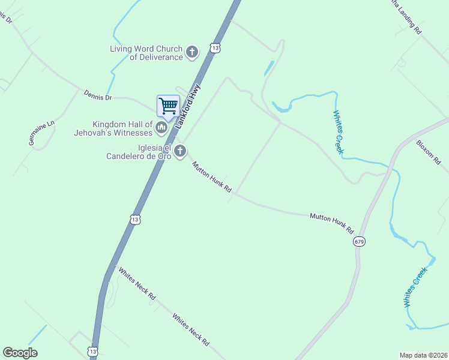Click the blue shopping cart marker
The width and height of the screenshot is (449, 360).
point(168,106)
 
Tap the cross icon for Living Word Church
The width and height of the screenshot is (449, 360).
point(192,52)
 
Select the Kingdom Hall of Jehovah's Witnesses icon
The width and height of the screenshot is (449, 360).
point(161,127)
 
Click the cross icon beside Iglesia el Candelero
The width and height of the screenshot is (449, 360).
point(179,152)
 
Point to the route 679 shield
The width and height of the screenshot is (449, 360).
point(359,241)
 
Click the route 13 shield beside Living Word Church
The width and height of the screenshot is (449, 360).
point(215,47)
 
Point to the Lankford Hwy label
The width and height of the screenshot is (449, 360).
point(187,106)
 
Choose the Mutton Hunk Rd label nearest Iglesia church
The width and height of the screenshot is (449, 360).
point(212,176)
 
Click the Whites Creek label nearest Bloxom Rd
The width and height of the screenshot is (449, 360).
point(339,132)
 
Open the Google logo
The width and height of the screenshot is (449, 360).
point(20,353)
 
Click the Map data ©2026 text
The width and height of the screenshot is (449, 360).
point(423,355)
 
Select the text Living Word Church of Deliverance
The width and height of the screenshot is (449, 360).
point(146,53)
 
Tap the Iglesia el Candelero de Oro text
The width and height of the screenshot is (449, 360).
point(139,152)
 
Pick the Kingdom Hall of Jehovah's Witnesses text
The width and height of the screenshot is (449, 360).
point(114,128)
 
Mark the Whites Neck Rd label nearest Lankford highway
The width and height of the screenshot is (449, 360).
point(137,283)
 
